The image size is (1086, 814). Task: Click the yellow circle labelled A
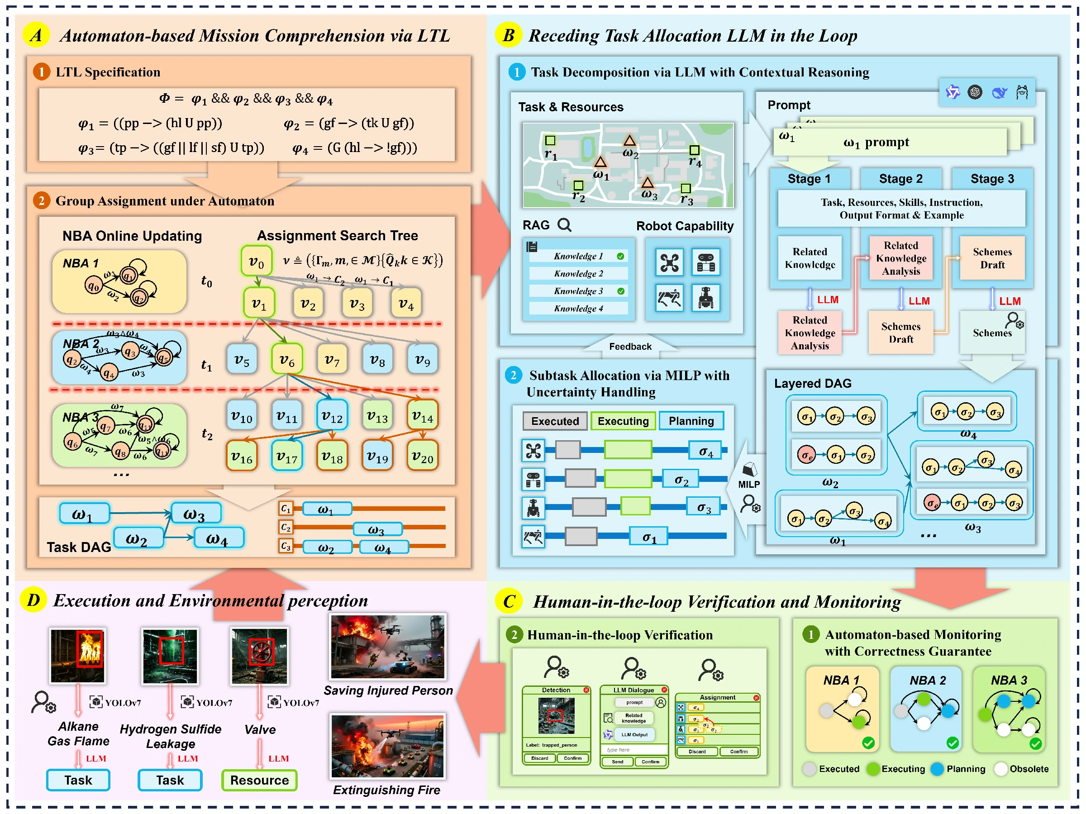coord(36,35)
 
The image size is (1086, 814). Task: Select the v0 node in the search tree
coord(256,261)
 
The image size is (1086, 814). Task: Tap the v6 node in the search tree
coord(287,360)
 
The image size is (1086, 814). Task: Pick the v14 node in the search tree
coord(422,416)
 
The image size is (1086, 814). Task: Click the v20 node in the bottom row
coord(422,457)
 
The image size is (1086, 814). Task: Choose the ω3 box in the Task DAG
coord(195,514)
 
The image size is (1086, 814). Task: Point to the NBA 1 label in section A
coord(81,263)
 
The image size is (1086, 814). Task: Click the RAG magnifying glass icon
coord(565,225)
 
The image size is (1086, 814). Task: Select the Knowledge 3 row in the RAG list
coord(578,291)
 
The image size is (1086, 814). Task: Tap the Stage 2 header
coord(900,179)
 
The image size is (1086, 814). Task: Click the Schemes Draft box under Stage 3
coord(992,258)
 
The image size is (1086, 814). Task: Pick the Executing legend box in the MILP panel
coord(623,421)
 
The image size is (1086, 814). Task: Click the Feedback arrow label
coord(630,347)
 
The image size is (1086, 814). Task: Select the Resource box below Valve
coord(259,780)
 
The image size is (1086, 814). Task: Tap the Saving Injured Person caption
coord(388,690)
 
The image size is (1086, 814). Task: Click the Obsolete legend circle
coord(1000,769)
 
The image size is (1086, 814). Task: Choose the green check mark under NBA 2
coord(953,743)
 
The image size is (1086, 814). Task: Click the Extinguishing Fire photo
coord(387,746)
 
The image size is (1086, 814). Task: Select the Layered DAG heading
coord(813,383)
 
